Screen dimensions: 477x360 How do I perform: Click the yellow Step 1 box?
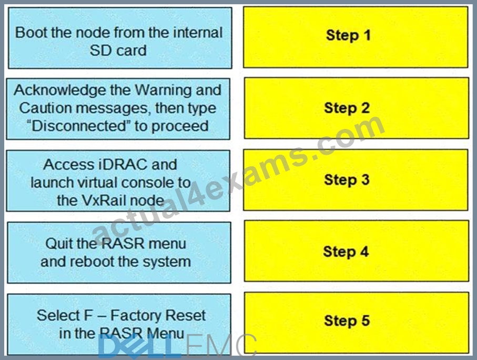coord(356,37)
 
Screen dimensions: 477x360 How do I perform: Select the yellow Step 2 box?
coord(357,108)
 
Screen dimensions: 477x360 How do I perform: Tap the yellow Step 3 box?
coord(356,179)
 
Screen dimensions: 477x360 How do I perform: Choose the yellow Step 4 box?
coord(357,251)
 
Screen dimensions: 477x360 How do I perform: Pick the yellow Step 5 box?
coord(357,323)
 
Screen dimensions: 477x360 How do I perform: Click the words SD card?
coord(118,51)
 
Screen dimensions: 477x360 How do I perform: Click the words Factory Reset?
coord(158,315)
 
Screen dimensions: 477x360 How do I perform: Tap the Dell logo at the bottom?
coord(139,345)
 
